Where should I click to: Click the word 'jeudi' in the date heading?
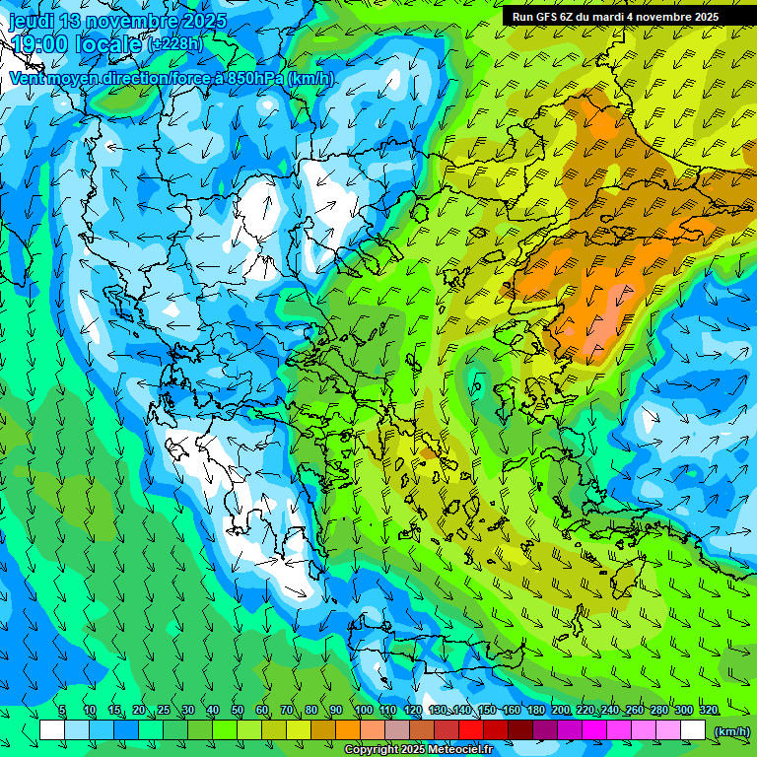[32, 22]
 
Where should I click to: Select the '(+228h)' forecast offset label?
[175, 43]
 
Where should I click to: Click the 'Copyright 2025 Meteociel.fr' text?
[418, 750]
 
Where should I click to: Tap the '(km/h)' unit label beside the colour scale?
[730, 730]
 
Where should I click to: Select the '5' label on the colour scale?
[62, 711]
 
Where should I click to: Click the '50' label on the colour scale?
[238, 711]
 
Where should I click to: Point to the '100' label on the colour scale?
[363, 711]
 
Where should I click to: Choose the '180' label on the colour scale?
[536, 711]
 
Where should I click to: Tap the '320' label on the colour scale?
[708, 711]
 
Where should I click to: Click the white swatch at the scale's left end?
[51, 730]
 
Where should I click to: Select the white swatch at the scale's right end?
[693, 730]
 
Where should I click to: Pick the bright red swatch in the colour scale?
[471, 730]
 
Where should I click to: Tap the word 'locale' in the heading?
[112, 43]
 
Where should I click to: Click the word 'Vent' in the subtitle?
[28, 78]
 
